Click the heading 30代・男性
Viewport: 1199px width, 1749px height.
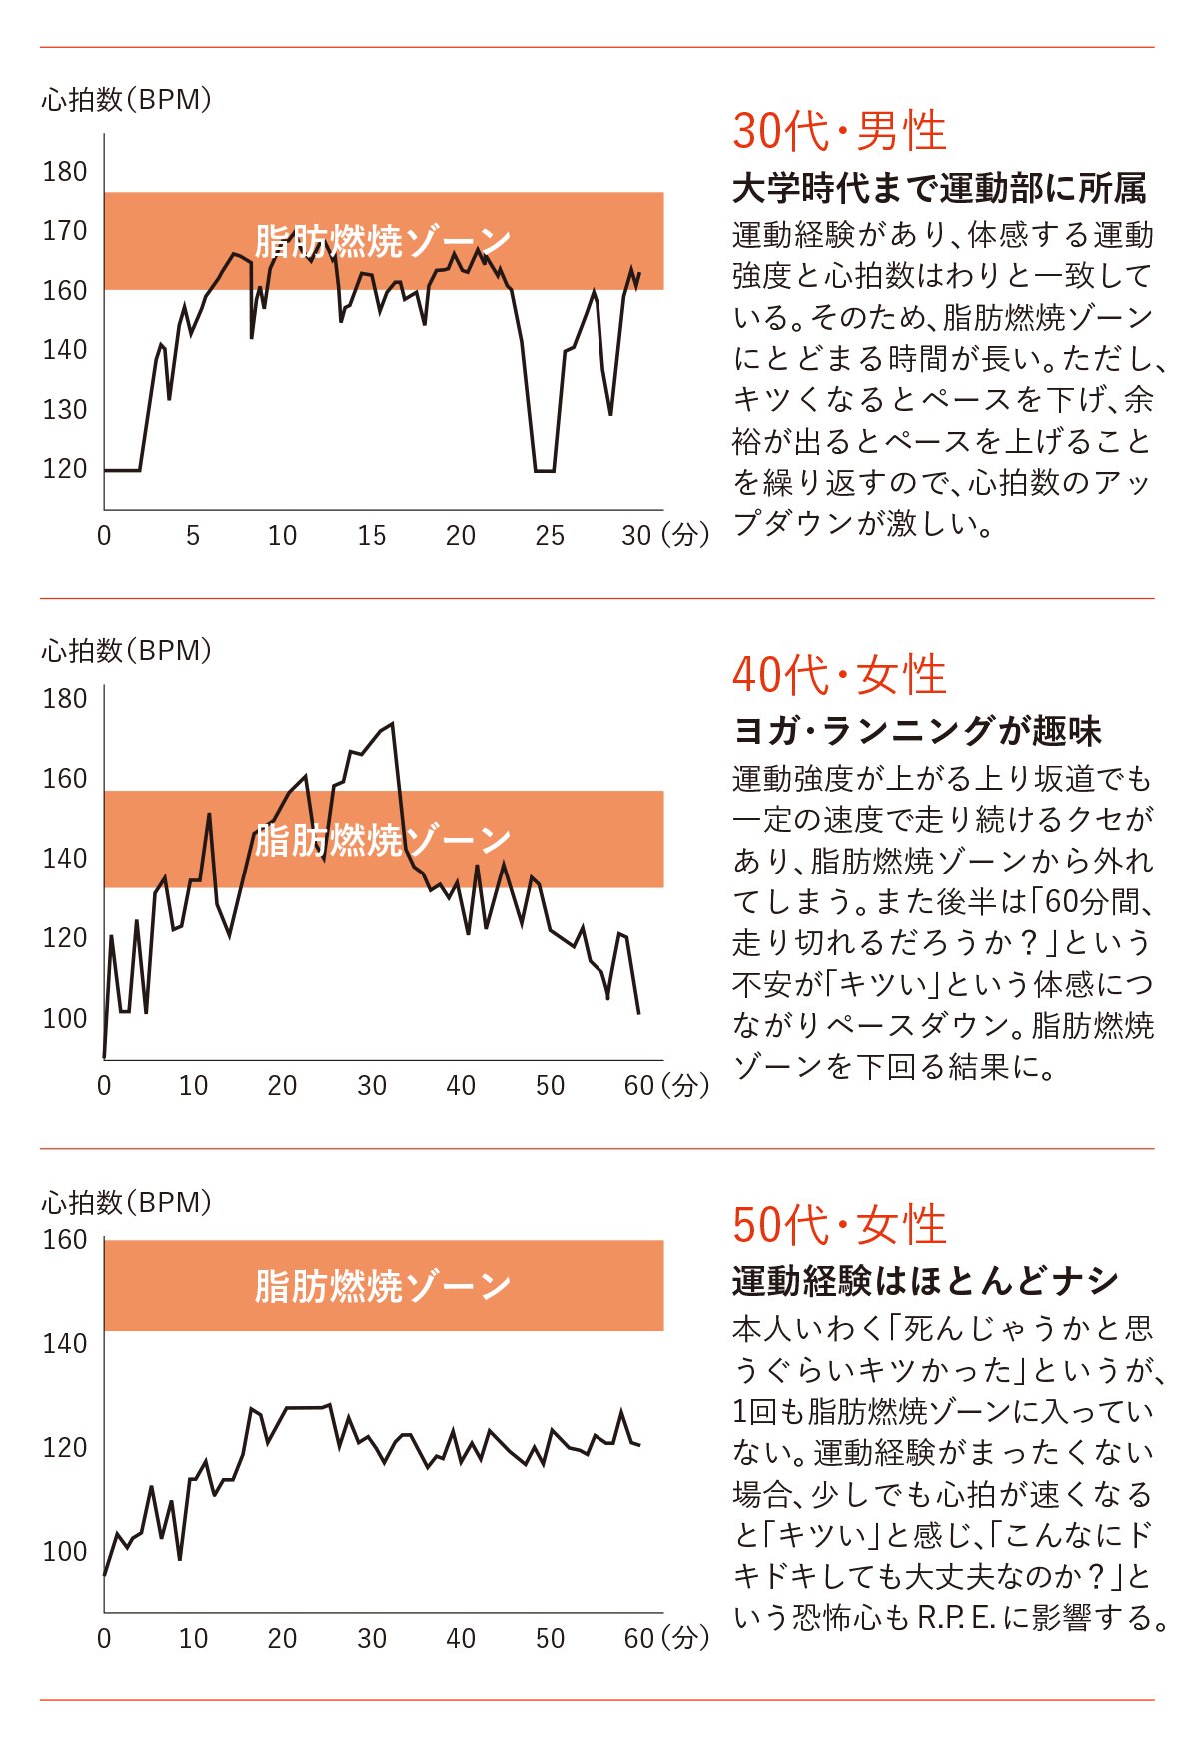coord(839,131)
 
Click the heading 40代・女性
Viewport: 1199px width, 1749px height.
coord(839,675)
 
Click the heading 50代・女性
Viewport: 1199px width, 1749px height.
coord(839,1225)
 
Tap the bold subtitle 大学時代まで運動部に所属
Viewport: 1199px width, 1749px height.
coord(939,188)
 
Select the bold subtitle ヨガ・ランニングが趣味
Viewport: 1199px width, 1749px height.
coord(917,731)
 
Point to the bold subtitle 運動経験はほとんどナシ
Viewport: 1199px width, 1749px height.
coord(925,1281)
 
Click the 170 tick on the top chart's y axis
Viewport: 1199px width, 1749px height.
coord(65,231)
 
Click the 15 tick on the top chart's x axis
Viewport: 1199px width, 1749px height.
coord(371,536)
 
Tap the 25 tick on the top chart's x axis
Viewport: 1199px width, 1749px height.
coord(550,536)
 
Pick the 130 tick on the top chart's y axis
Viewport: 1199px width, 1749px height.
coord(65,409)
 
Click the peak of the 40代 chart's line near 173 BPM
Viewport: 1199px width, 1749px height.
coord(392,724)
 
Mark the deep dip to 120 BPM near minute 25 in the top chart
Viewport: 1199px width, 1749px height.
coord(545,470)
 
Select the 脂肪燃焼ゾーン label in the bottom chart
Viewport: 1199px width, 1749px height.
coord(383,1286)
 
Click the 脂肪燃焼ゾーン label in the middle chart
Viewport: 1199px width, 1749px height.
coord(383,840)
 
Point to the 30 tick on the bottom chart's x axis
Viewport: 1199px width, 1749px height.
coord(371,1638)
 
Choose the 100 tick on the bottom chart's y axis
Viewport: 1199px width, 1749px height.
coord(65,1551)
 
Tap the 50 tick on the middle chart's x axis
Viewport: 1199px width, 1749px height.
coord(550,1086)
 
